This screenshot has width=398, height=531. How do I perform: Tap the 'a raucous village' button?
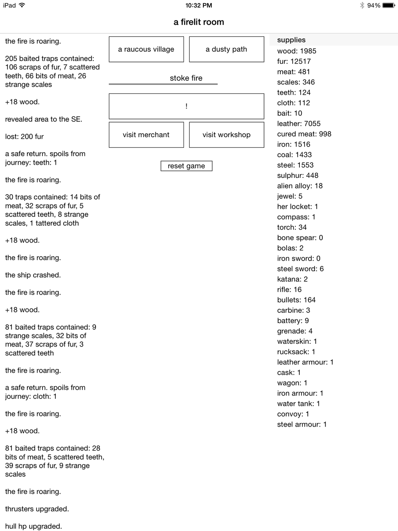tap(146, 49)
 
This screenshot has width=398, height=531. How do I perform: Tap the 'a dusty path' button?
tap(226, 49)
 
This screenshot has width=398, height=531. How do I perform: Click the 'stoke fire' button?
tap(186, 78)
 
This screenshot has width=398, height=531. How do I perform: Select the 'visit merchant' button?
tap(146, 135)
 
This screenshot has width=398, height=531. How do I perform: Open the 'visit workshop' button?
tap(226, 135)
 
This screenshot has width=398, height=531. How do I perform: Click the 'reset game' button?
tap(186, 166)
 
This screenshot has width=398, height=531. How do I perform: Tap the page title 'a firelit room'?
tap(199, 22)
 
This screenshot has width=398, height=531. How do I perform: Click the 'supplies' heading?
tap(291, 40)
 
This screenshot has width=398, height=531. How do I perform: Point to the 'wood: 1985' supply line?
tap(297, 51)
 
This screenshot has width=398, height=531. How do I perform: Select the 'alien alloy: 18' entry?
tap(300, 186)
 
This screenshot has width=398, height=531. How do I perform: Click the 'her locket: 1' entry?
tap(298, 207)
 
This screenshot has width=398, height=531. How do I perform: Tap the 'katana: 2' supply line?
tap(292, 279)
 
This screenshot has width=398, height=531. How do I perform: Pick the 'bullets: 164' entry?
tap(296, 300)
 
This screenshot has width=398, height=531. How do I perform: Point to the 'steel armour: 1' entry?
tap(302, 424)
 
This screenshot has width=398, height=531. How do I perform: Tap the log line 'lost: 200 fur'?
tap(24, 137)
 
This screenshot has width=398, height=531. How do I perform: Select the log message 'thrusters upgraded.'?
tap(37, 509)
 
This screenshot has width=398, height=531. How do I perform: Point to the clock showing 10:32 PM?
tap(199, 5)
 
